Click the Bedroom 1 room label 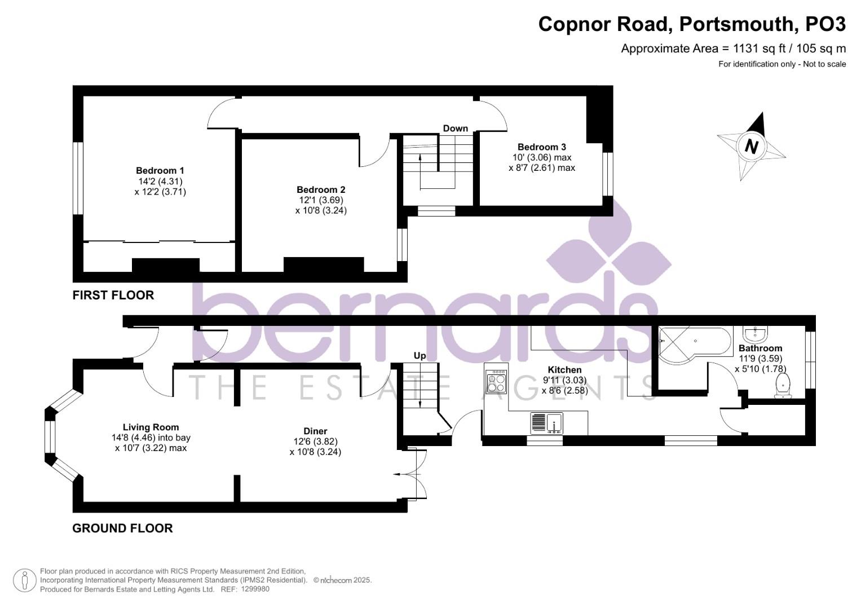coord(160,170)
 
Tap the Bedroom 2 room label coord(321,189)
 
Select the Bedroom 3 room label coord(541,147)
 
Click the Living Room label coord(151,427)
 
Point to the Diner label coord(315,431)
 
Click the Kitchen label coord(564,370)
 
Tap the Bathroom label coord(760,348)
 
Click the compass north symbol coord(751,146)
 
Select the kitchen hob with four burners coord(496,382)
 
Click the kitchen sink coord(546,422)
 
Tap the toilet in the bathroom coord(783,387)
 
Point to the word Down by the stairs coord(455,129)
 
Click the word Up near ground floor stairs coord(420,356)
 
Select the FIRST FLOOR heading coord(113,295)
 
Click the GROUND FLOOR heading coord(122,528)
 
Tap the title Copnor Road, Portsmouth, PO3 coord(692,24)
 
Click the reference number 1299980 coord(255,589)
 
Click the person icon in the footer coord(24,580)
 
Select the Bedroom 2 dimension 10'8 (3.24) coord(321,210)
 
